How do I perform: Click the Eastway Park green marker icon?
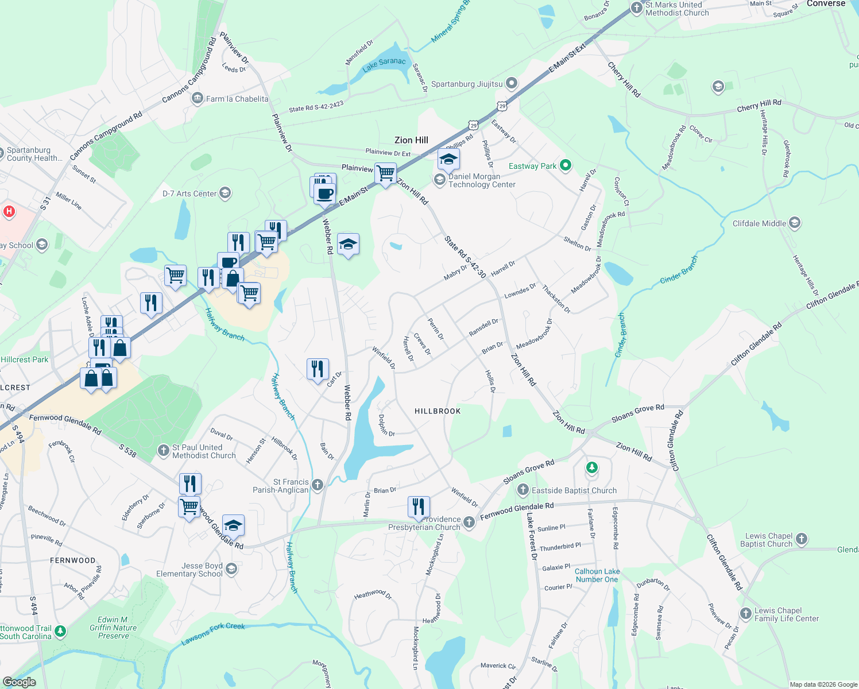[x=566, y=166]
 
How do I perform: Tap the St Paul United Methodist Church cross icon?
[x=164, y=450]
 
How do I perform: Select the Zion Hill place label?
[x=411, y=140]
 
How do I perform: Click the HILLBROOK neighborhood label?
[x=438, y=411]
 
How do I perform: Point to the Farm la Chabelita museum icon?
[x=198, y=99]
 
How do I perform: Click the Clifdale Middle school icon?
[x=795, y=223]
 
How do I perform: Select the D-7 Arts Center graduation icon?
[x=226, y=193]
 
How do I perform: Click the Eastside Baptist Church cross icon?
[x=523, y=490]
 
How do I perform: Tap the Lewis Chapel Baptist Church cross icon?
[x=802, y=539]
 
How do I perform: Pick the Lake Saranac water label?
[x=384, y=64]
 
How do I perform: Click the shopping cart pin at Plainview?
[x=386, y=172]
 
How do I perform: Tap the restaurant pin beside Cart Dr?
[x=318, y=368]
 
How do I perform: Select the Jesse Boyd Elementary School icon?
[x=231, y=569]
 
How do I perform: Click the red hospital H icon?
[x=9, y=211]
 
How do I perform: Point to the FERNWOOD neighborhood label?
[x=73, y=560]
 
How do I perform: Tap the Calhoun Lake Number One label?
[x=597, y=575]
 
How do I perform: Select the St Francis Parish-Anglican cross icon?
[x=318, y=485]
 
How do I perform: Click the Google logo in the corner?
[x=19, y=682]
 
